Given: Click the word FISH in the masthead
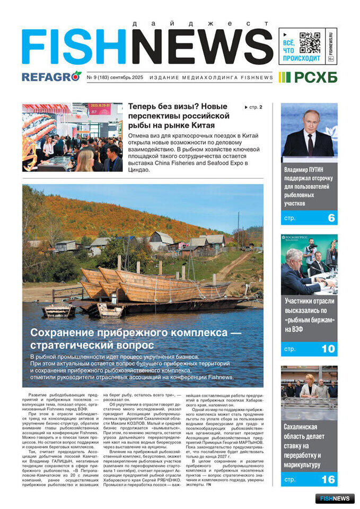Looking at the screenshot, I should coord(74,47).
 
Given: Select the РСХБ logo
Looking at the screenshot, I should coord(309,77).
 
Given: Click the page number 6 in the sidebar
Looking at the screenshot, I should coord(331,218).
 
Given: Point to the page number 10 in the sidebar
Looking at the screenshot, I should coord(329,349).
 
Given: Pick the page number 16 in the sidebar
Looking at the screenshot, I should coord(329,480).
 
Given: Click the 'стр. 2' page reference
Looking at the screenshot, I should coord(253,107).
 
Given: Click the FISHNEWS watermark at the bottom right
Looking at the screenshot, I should coord(335,498).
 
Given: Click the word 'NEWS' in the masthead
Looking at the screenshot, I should coord(202,47).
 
